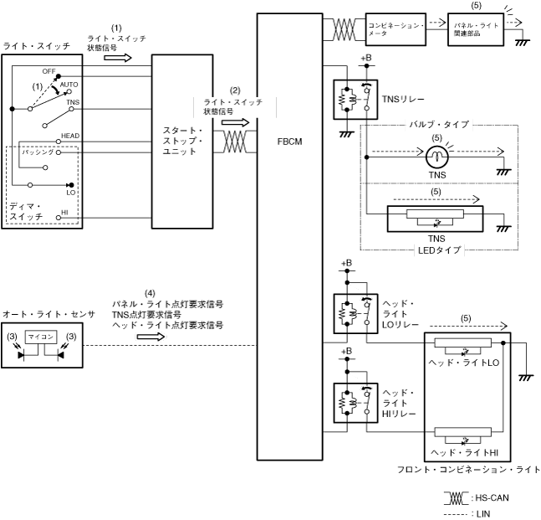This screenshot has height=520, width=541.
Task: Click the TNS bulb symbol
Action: [x=434, y=154]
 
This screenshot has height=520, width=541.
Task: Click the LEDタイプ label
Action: [x=433, y=249]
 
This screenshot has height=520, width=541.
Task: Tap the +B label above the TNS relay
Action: [x=364, y=59]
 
